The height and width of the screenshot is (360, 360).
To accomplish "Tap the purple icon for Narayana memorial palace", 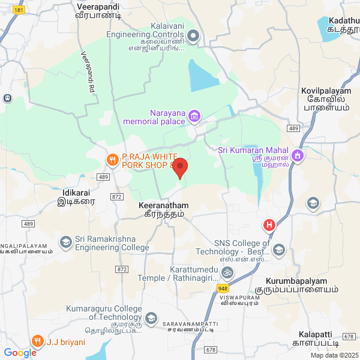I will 194,115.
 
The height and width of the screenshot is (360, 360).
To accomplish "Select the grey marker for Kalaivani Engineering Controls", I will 193,37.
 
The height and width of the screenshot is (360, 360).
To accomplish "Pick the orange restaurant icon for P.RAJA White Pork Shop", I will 111,160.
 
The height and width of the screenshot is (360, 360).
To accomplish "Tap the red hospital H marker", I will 269,226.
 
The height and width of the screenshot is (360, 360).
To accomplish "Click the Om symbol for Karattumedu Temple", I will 226,272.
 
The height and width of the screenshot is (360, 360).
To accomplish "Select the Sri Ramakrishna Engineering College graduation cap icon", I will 65,242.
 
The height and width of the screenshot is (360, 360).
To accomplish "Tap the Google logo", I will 20,353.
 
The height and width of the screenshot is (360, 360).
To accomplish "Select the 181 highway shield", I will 19,11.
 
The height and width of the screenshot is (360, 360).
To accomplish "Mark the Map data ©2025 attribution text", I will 334,355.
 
